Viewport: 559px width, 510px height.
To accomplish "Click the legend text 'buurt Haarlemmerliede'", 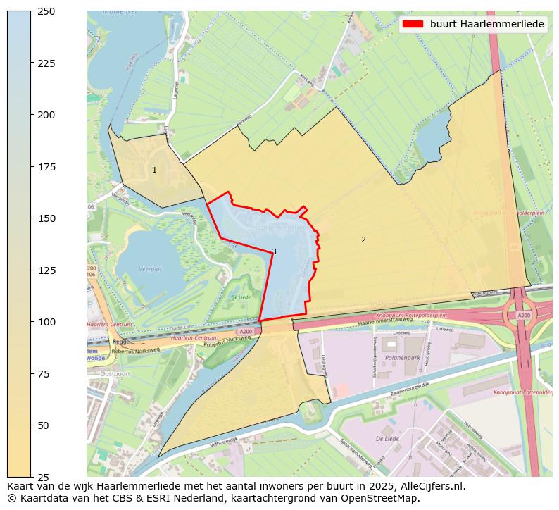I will point(486,24).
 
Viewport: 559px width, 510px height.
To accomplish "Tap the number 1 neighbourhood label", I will point(154,170).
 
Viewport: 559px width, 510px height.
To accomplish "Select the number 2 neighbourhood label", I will point(363,240).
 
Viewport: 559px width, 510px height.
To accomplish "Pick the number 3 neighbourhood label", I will point(274,251).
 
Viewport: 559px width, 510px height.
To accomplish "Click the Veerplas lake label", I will point(151,269).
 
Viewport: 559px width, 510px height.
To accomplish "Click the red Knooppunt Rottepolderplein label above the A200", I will point(412,315).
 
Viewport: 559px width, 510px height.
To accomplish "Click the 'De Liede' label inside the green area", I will point(242,297).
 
